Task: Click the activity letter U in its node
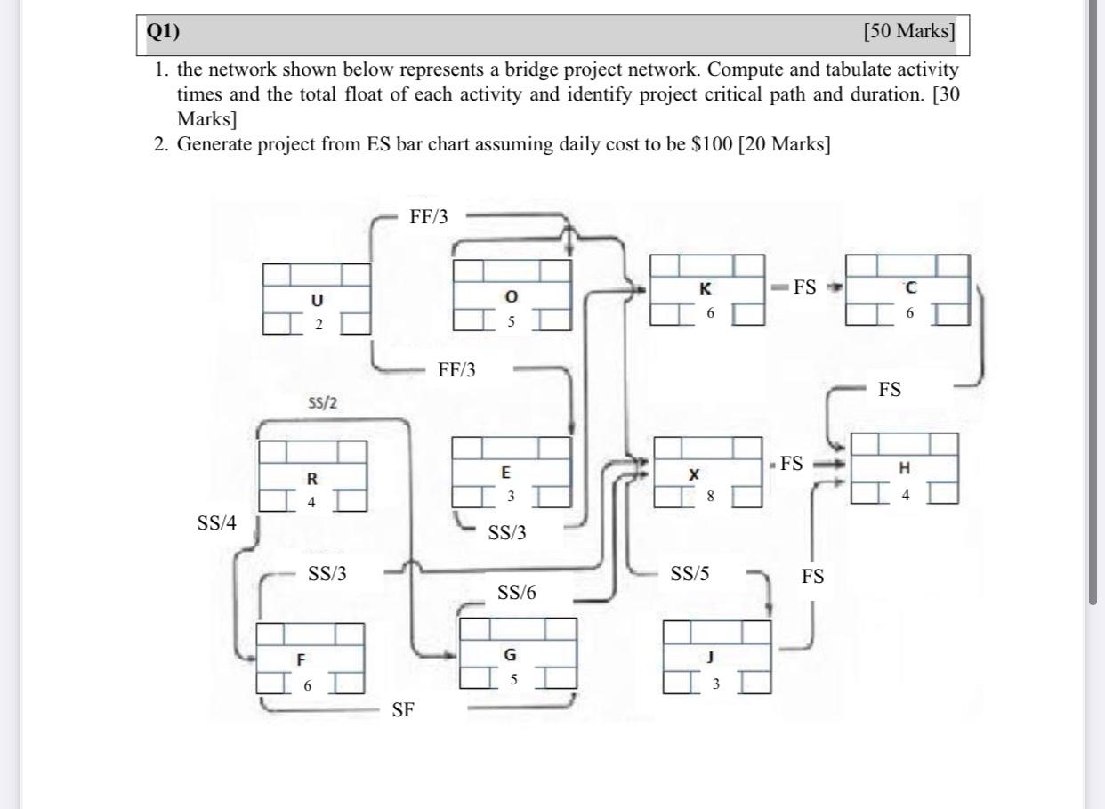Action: [x=317, y=301]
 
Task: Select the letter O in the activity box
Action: [x=511, y=295]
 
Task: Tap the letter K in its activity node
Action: [x=706, y=289]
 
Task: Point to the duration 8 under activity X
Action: [x=710, y=497]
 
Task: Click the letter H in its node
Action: [x=905, y=467]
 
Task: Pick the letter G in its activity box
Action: [x=510, y=654]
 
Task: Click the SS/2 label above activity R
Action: [x=322, y=403]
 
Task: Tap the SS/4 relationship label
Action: [x=217, y=523]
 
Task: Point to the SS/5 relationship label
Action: [x=690, y=574]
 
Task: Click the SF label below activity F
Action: [x=403, y=709]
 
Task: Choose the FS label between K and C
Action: [x=804, y=287]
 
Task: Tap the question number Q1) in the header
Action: [x=164, y=31]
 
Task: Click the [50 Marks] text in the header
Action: [x=909, y=31]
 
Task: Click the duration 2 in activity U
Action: [x=319, y=324]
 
